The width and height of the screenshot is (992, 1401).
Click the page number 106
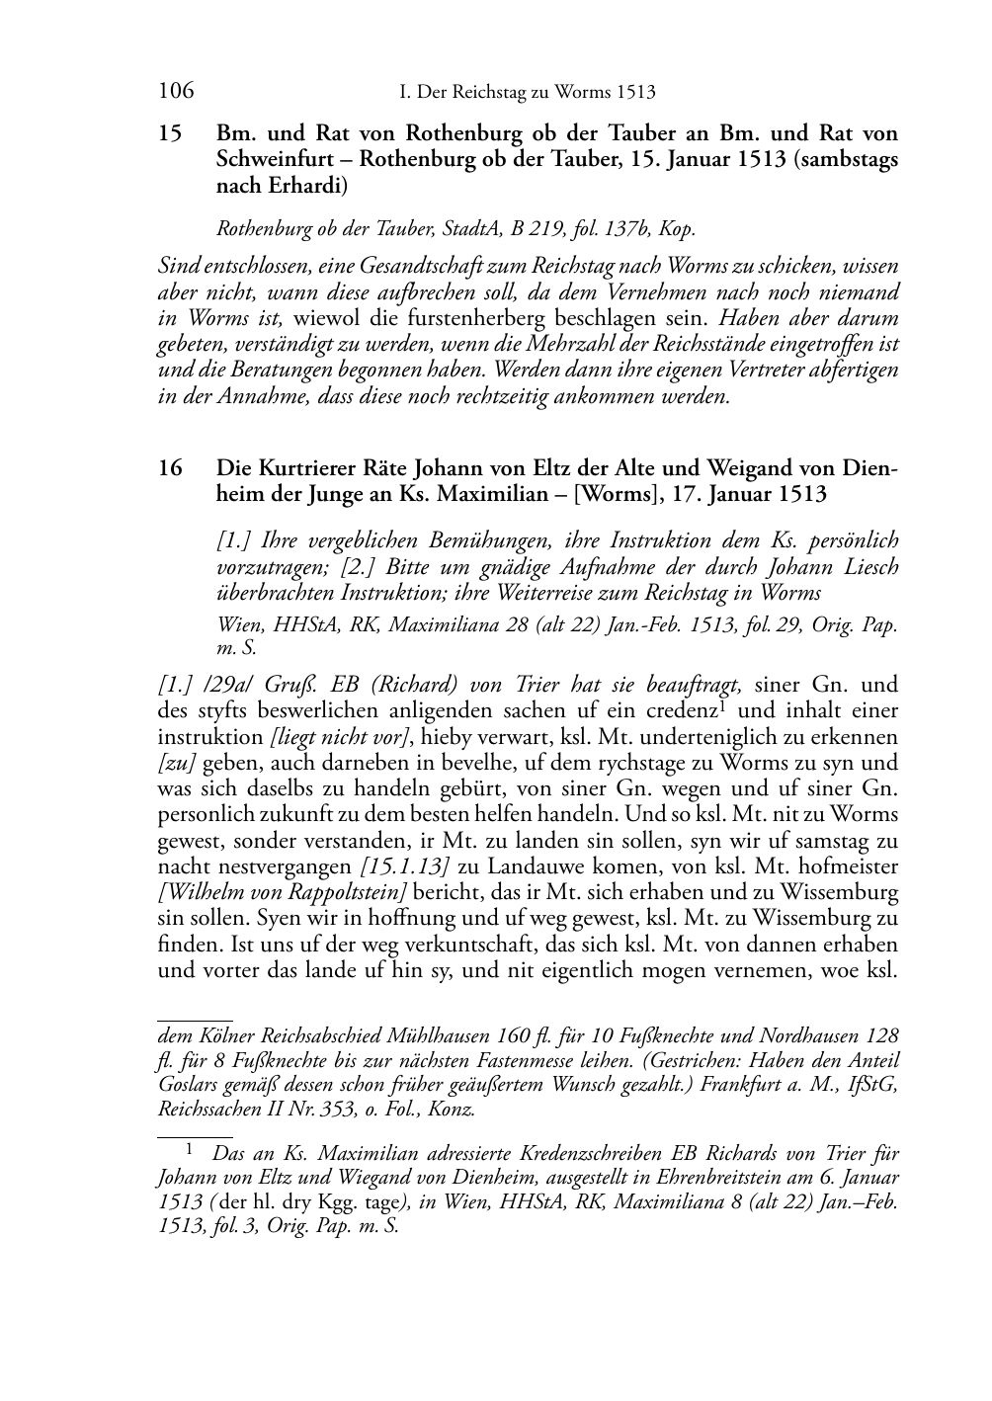tap(176, 92)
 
